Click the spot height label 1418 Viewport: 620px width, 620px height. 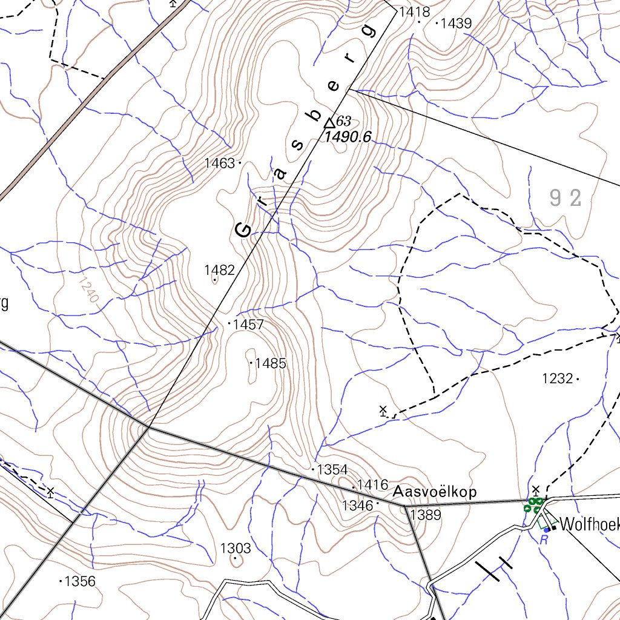tap(414, 12)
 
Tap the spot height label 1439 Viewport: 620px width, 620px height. tap(456, 24)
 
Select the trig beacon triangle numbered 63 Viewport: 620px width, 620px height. tap(329, 122)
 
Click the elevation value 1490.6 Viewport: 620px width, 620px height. tap(348, 137)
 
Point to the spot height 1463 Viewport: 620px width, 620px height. tap(219, 163)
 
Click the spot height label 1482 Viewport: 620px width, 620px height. tap(219, 270)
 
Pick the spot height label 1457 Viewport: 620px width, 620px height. tap(248, 325)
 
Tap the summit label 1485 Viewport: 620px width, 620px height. tap(270, 364)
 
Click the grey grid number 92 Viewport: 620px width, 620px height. tap(566, 197)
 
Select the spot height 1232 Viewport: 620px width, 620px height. tap(557, 379)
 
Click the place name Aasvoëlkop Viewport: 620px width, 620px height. tap(435, 492)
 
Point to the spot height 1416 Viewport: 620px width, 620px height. tap(372, 484)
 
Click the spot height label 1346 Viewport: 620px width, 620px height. tap(357, 505)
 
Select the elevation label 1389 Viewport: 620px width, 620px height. tap(426, 515)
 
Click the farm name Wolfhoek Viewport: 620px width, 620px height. tap(590, 525)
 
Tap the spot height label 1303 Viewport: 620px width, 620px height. tap(236, 549)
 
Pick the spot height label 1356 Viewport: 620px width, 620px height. tap(80, 581)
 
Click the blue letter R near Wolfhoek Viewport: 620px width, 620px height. tap(544, 539)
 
